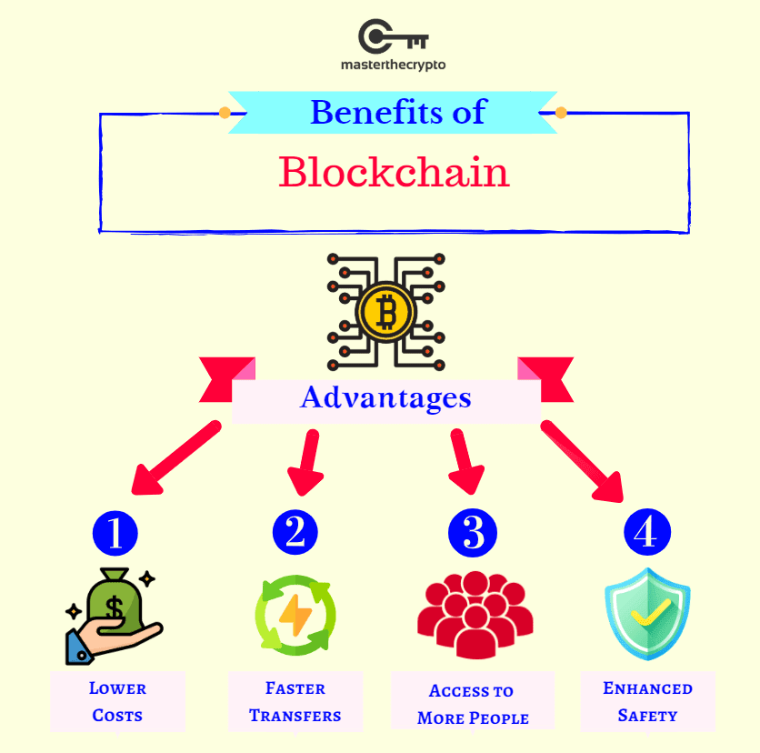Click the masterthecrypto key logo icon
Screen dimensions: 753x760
(392, 36)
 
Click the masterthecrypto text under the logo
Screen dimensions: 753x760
(393, 65)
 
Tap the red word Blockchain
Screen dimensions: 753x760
(394, 172)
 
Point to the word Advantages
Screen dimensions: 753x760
(385, 398)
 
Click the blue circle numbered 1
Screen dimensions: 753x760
(115, 533)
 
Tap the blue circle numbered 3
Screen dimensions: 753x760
(473, 533)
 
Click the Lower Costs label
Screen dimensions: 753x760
(117, 701)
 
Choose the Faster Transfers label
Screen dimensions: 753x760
(295, 701)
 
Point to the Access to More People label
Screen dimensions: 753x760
(473, 704)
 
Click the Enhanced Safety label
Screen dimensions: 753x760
(647, 701)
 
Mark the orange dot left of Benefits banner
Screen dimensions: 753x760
(225, 113)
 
